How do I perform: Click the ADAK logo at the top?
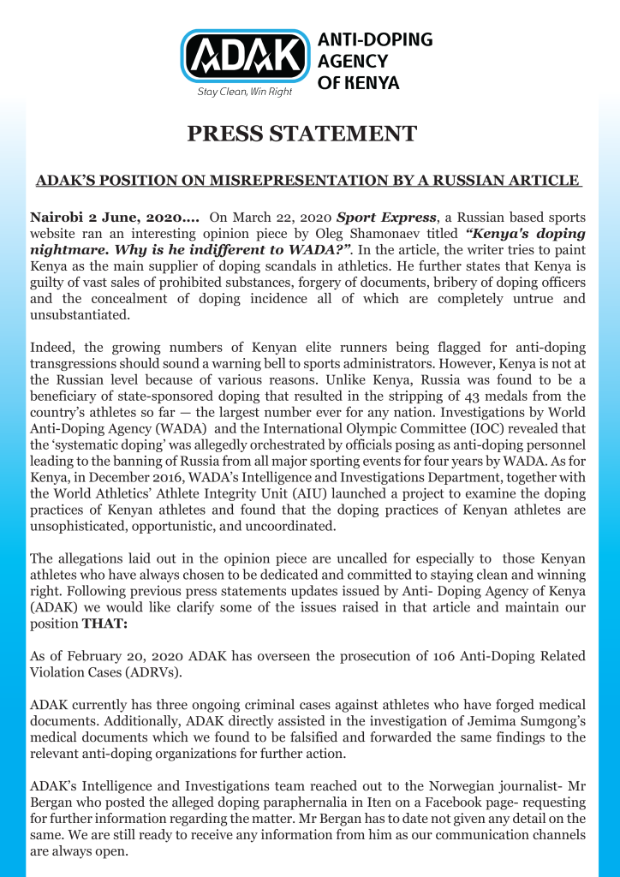pyautogui.click(x=245, y=57)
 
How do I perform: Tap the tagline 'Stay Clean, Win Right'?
pyautogui.click(x=245, y=92)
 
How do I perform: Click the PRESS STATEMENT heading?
pyautogui.click(x=302, y=134)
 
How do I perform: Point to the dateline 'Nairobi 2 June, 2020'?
pyautogui.click(x=98, y=218)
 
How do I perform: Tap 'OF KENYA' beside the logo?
pyautogui.click(x=359, y=83)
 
